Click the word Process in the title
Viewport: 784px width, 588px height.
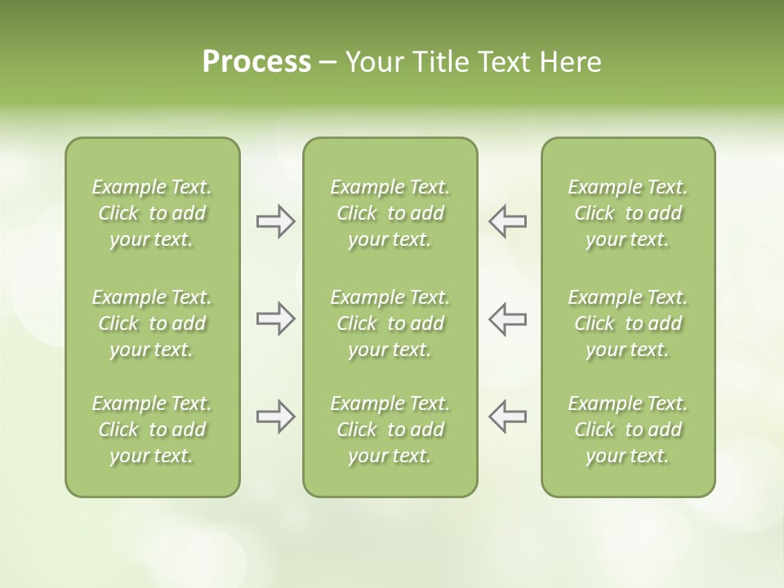[x=256, y=62]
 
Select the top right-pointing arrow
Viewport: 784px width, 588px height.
[x=275, y=221]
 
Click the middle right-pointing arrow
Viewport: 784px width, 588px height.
[x=275, y=318]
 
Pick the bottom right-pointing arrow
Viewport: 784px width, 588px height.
[x=275, y=416]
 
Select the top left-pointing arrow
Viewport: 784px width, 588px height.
[x=508, y=221]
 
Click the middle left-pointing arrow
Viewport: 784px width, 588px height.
[x=508, y=318]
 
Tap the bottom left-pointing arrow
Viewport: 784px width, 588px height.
[x=508, y=416]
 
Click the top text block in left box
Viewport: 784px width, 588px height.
[x=152, y=213]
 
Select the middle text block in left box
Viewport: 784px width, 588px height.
[x=152, y=323]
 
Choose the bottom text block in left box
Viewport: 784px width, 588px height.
[x=152, y=430]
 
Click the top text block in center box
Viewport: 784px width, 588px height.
[x=390, y=213]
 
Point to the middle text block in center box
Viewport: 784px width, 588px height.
[x=390, y=323]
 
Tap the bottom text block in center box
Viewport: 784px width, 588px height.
[x=390, y=430]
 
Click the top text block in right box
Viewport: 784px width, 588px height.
[x=628, y=213]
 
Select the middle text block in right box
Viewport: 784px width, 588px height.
[x=628, y=323]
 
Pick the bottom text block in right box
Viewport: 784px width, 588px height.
[x=628, y=430]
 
